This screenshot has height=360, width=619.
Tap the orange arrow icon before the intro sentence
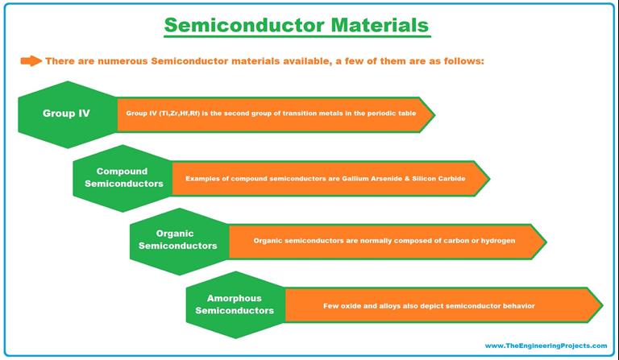pos(31,60)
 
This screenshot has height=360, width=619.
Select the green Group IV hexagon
pos(66,114)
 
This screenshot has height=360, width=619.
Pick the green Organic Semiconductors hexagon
pos(177,240)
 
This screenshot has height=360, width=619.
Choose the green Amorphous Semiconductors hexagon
pos(234,304)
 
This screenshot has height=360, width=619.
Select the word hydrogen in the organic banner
pos(497,241)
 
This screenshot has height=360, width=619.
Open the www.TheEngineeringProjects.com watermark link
pos(546,346)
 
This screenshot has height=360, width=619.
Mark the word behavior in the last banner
pos(517,305)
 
